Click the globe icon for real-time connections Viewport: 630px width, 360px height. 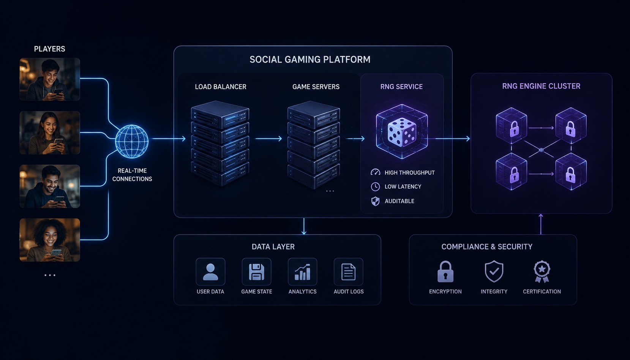point(132,142)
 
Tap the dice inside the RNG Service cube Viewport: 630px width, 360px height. point(402,132)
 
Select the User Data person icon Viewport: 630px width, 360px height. point(210,272)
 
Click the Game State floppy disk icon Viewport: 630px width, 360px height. point(256,272)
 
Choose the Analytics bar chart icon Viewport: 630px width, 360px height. point(302,272)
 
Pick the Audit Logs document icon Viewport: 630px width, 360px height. point(349,272)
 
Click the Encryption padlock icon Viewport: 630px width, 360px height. point(445,272)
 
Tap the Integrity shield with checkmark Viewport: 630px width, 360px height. point(494,272)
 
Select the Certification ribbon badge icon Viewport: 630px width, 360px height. point(542,272)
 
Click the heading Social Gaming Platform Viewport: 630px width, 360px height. point(310,60)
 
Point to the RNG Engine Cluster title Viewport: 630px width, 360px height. point(541,86)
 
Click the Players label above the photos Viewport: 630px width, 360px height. point(49,49)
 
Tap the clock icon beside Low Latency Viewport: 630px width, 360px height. point(376,187)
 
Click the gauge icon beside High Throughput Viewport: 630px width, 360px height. point(376,172)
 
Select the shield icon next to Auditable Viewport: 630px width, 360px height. point(376,201)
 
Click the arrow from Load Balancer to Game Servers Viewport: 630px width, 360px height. point(268,139)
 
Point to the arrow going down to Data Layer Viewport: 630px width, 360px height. point(304,226)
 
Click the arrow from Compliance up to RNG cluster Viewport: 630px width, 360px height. point(540,224)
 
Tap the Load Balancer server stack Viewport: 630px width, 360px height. point(220,144)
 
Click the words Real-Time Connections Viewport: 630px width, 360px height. point(132,175)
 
